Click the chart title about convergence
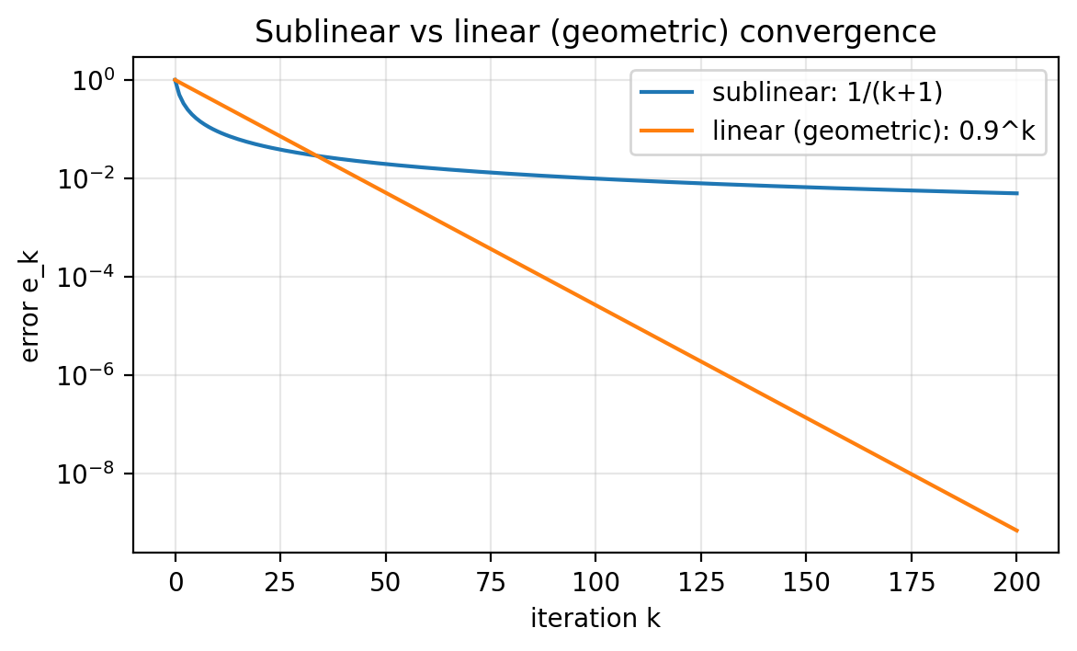tap(595, 32)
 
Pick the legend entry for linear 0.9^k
tap(874, 131)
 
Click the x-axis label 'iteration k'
tap(595, 619)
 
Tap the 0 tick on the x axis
tap(176, 582)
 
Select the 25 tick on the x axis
tap(280, 582)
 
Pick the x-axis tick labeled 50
tap(385, 582)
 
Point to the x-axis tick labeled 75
tap(491, 582)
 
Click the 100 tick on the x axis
tap(595, 582)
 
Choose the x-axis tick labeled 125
tap(700, 582)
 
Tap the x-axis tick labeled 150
tap(806, 582)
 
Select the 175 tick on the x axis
tap(911, 582)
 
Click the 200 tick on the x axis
tap(1015, 582)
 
